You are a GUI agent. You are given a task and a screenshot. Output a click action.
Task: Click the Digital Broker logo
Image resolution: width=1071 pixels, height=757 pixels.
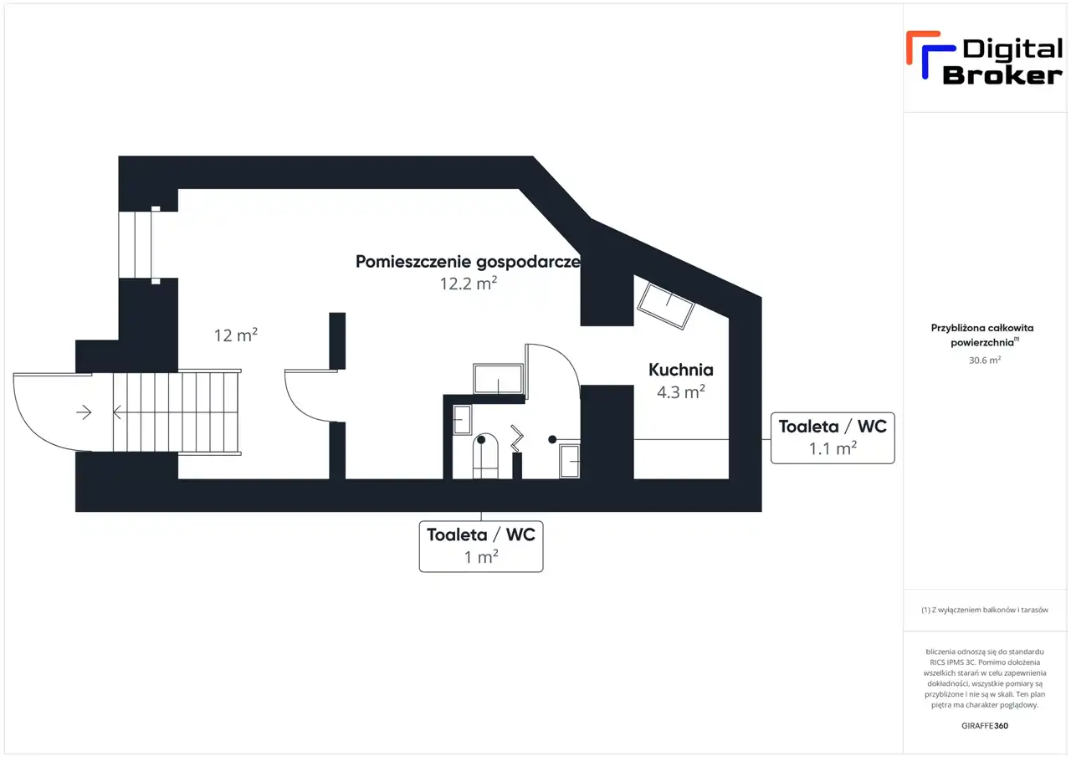click(984, 59)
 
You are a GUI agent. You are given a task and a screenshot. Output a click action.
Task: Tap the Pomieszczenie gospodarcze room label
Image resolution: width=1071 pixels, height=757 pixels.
click(468, 262)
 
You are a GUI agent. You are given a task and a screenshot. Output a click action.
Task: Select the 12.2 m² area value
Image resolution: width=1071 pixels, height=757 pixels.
click(469, 284)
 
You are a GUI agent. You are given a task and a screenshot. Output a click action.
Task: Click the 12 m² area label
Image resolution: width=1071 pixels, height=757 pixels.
click(236, 335)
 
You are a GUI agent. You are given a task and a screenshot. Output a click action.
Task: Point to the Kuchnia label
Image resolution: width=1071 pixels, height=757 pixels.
click(681, 370)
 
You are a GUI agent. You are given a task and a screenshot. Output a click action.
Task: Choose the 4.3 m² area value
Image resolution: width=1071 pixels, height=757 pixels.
click(681, 391)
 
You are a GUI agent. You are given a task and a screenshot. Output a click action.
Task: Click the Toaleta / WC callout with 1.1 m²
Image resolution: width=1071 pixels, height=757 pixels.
click(833, 437)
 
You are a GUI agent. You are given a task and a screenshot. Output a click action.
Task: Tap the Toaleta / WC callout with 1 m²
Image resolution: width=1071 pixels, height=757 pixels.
click(481, 546)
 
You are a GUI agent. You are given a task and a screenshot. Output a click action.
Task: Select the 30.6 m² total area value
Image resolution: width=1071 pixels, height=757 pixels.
click(985, 360)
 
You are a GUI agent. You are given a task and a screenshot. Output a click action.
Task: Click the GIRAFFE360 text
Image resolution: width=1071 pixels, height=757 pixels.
click(985, 725)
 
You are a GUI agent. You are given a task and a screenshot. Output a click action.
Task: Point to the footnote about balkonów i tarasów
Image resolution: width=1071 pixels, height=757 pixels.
click(985, 610)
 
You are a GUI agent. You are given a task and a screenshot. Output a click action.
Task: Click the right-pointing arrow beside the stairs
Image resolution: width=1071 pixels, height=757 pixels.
click(84, 412)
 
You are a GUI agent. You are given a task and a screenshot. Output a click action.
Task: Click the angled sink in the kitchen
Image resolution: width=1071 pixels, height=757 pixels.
click(666, 306)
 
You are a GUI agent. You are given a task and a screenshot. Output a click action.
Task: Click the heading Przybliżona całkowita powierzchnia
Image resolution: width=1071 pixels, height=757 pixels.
click(982, 335)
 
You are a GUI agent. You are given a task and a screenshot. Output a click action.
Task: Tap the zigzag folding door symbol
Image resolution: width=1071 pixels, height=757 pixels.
click(517, 437)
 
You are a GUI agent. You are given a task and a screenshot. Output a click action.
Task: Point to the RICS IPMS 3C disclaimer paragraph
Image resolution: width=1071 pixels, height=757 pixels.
click(985, 678)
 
